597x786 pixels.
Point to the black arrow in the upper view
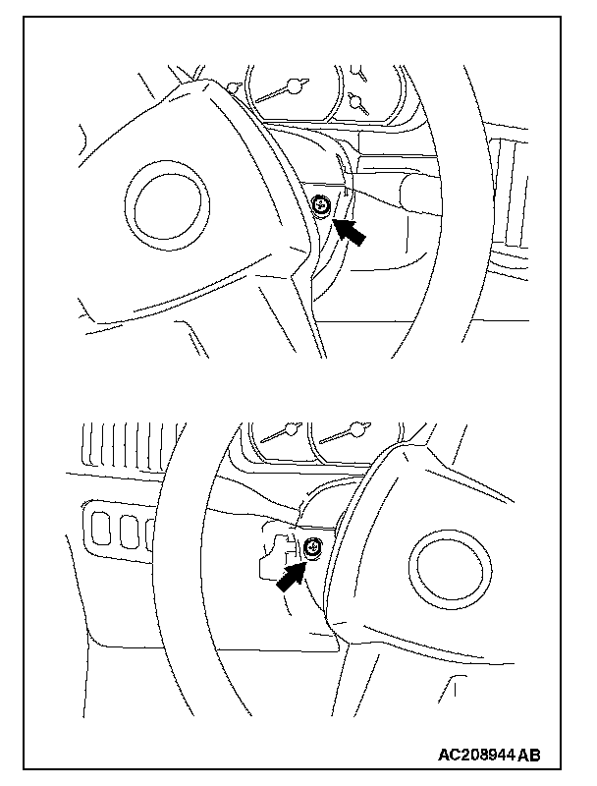pyautogui.click(x=353, y=232)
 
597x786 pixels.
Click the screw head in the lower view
pyautogui.click(x=311, y=550)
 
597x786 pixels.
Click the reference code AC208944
pyautogui.click(x=477, y=755)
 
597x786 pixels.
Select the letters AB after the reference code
pyautogui.click(x=529, y=755)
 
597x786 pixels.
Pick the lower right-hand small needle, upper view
pyautogui.click(x=355, y=101)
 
